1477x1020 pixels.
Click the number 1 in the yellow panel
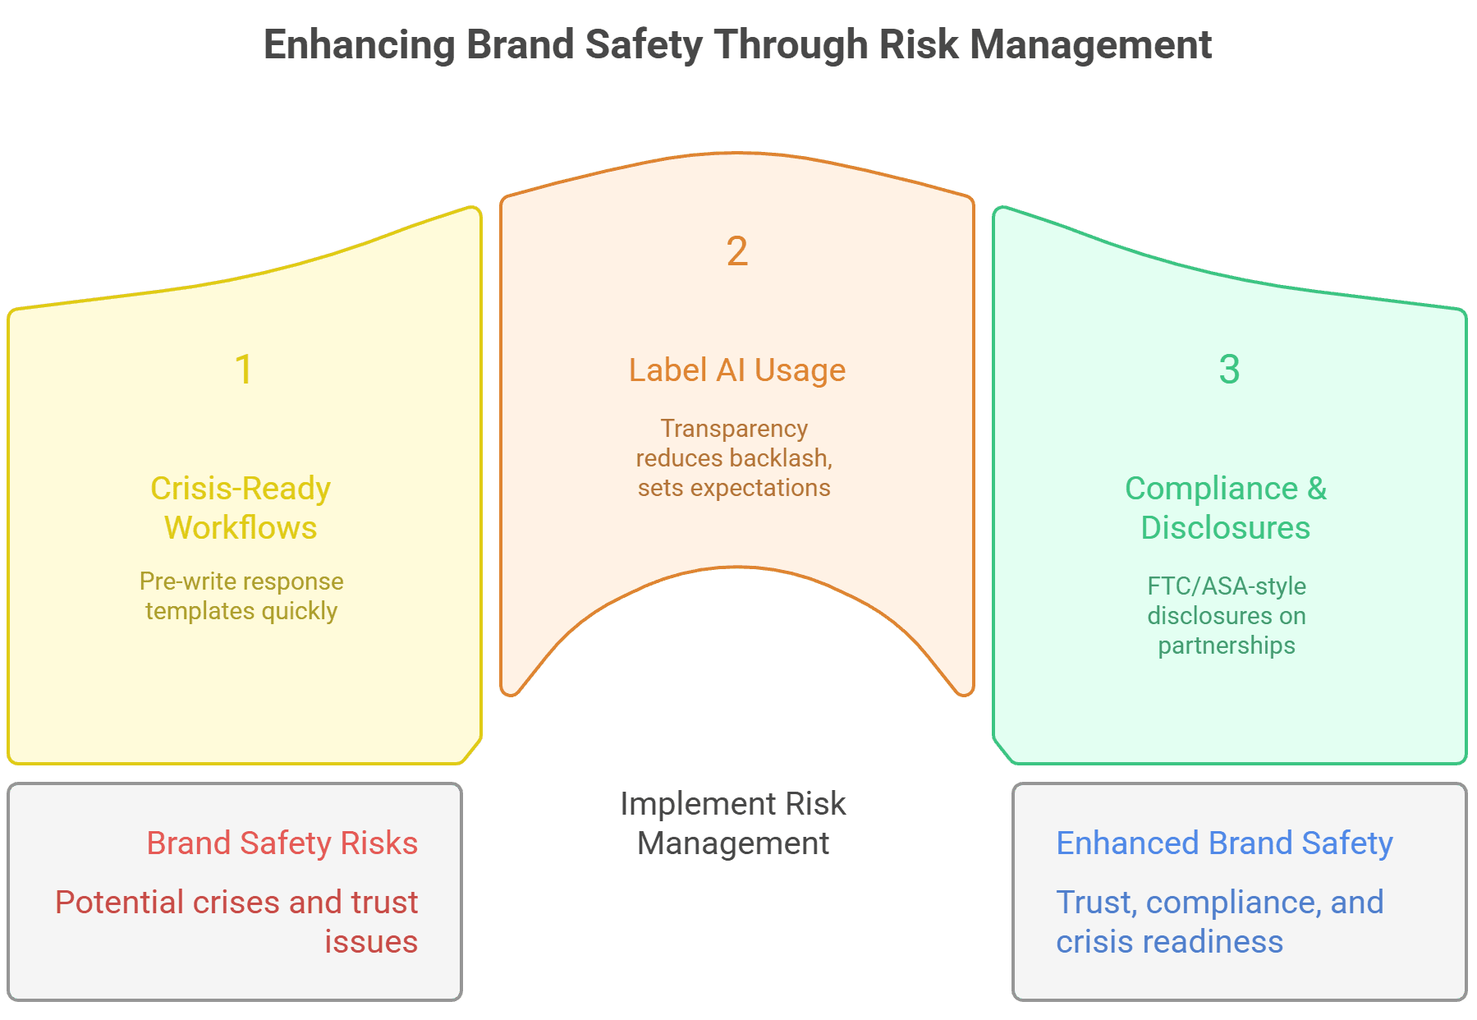point(243,370)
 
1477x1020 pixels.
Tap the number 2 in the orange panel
point(737,251)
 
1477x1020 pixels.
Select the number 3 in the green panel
point(1229,370)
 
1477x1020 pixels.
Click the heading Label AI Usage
point(737,370)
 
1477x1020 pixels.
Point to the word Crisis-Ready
point(241,489)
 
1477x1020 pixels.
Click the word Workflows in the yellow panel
point(241,528)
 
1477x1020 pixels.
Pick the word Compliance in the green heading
point(1211,489)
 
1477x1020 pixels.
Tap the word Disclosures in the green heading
point(1225,528)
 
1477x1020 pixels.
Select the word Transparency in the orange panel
point(734,429)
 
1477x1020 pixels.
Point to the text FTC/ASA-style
point(1227,586)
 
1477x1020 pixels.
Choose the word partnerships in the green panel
point(1227,646)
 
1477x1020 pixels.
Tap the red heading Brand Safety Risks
point(282,843)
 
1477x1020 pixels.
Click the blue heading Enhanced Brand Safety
point(1224,843)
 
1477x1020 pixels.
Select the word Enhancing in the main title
point(360,45)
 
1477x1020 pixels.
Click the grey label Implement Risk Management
point(733,823)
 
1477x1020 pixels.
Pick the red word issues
point(371,942)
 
